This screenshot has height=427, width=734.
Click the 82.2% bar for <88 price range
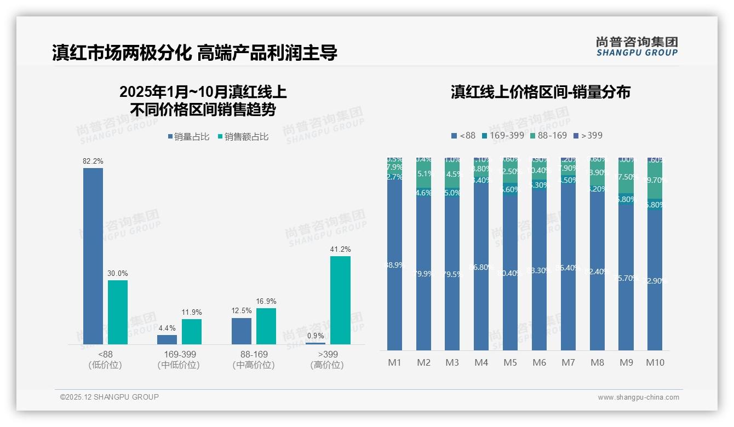[93, 256]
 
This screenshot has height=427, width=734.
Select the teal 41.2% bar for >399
[340, 300]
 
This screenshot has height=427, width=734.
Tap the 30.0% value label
[118, 273]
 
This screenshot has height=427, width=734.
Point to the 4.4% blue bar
[167, 339]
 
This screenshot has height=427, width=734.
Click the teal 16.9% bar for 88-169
[266, 326]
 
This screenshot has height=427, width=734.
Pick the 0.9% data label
[316, 336]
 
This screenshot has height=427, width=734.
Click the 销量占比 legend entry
[189, 137]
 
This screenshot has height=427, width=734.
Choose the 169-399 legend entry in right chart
[503, 135]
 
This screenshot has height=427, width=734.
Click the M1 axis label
[394, 362]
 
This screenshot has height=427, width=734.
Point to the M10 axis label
[655, 362]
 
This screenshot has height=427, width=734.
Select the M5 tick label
[510, 362]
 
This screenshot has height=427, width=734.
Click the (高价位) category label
[327, 365]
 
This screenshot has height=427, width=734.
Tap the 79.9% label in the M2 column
[424, 274]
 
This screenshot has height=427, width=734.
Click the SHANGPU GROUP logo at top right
[636, 47]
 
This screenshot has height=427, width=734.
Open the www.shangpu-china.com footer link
[638, 397]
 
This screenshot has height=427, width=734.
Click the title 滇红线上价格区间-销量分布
[540, 92]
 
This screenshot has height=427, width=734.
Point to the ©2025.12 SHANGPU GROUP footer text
[110, 397]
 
